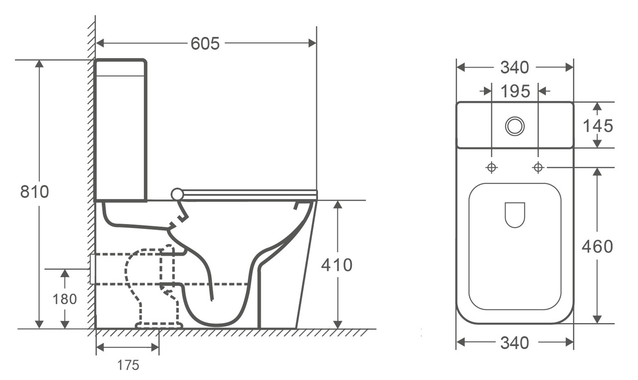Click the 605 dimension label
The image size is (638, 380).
(205, 44)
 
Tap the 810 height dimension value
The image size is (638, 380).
(34, 191)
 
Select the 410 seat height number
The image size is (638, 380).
(336, 265)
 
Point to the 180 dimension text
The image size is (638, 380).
(65, 299)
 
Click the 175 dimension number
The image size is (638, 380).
(128, 366)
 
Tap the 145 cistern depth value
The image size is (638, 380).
(598, 126)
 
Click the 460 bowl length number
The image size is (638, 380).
(598, 246)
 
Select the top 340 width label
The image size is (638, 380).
(515, 67)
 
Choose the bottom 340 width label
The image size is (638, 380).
(515, 343)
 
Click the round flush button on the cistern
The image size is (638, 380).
(515, 126)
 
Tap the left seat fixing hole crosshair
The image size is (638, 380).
(491, 168)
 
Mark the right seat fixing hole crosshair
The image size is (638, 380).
(538, 168)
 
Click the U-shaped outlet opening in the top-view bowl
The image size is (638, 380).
(515, 214)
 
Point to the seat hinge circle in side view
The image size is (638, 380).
(177, 194)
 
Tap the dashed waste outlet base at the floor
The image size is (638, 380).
(159, 325)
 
